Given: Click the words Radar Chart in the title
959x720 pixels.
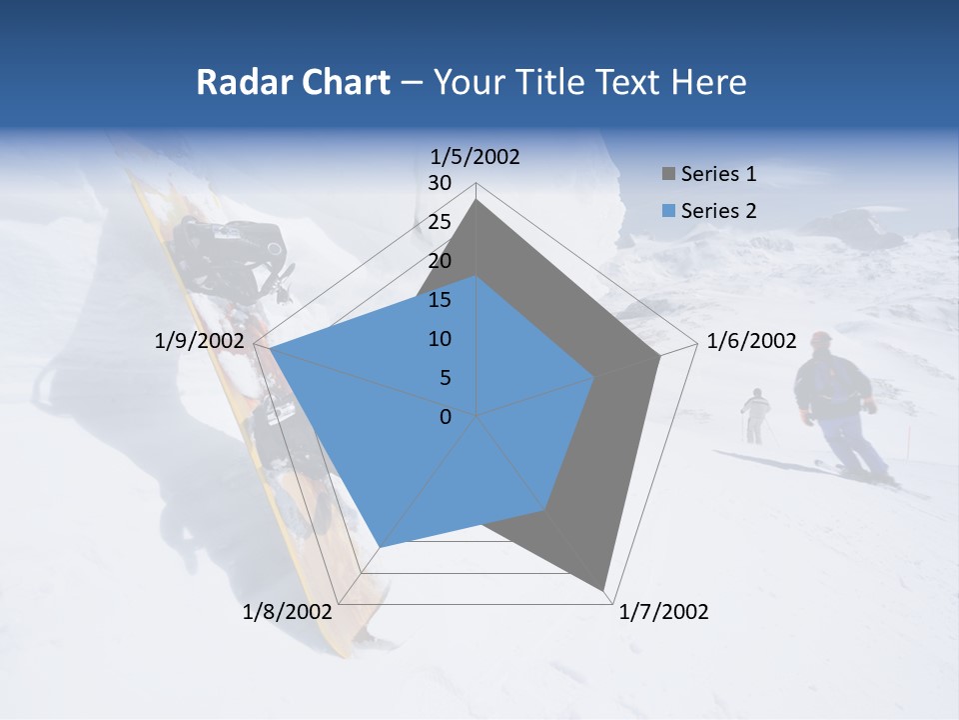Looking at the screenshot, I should [x=293, y=82].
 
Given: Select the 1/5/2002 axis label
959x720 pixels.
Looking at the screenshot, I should [x=476, y=156].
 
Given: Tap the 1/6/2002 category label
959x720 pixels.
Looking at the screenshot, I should [x=751, y=341].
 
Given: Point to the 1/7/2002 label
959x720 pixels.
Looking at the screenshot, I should [x=663, y=612].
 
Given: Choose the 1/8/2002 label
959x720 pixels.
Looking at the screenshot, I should [x=288, y=612].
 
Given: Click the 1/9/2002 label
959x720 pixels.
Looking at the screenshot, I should [x=200, y=341].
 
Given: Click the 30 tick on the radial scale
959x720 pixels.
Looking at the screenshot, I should [x=439, y=183].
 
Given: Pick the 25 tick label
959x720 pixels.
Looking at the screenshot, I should [x=439, y=222].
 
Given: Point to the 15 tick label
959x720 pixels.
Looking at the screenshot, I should [x=439, y=300].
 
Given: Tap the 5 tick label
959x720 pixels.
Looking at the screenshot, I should [x=445, y=378].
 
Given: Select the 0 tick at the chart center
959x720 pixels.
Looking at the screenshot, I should [x=446, y=417].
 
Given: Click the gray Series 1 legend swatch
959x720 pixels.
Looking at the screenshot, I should [x=667, y=175].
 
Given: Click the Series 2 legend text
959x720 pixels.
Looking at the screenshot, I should [x=718, y=211].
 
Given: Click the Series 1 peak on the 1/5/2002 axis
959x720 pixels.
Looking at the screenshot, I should [x=477, y=200].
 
